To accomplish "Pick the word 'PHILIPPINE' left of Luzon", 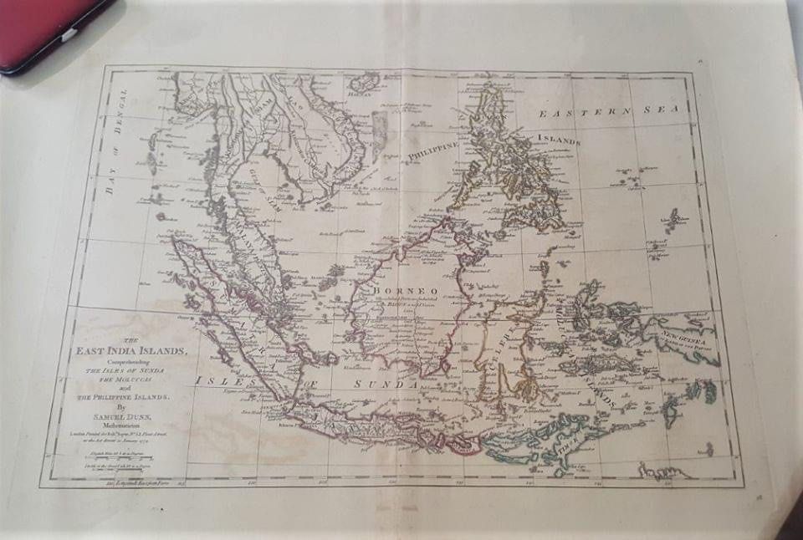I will (434, 150).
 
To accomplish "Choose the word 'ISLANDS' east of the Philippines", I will (558, 138).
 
